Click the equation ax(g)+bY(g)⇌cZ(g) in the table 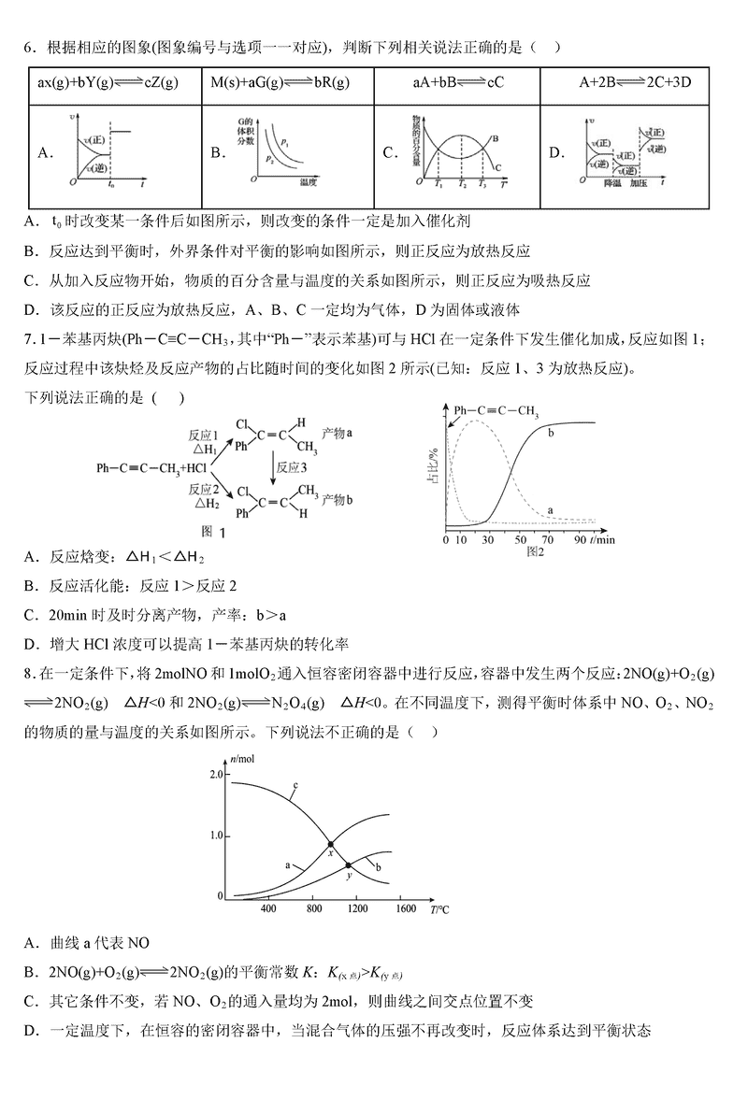pos(108,83)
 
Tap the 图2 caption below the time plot pos(535,552)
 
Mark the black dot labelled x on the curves pos(330,844)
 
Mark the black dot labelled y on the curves pos(348,865)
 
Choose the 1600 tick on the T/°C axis pos(405,908)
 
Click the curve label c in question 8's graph pos(295,785)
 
